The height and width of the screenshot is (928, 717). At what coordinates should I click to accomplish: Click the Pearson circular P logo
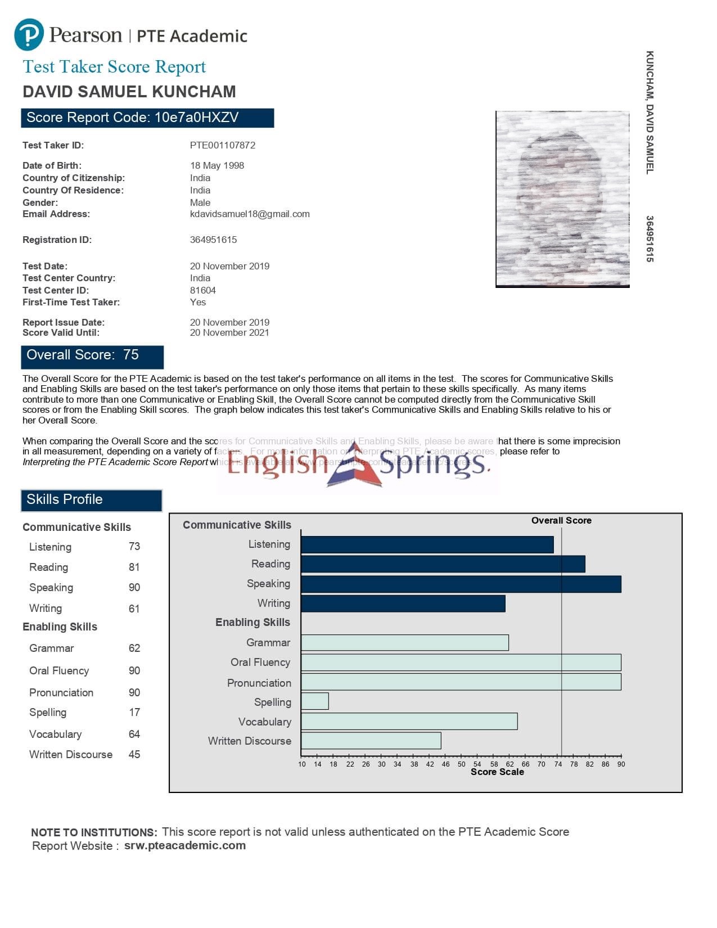click(29, 34)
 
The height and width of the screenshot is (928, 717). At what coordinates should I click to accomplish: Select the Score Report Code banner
click(147, 118)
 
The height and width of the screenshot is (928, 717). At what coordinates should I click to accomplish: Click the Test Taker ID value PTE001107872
click(222, 145)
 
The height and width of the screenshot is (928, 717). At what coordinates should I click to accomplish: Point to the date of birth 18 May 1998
click(217, 165)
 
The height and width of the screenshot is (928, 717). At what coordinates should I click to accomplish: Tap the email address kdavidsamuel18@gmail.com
click(250, 214)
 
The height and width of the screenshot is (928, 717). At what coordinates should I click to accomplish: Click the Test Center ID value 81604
click(203, 290)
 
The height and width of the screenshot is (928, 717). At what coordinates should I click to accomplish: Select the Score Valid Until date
click(229, 333)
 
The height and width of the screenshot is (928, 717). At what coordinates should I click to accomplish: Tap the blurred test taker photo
click(562, 199)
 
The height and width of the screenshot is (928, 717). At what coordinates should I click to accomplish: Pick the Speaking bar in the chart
click(461, 584)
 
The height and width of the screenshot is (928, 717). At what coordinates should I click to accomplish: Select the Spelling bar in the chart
click(315, 701)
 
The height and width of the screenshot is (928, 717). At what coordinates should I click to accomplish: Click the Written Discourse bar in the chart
click(371, 741)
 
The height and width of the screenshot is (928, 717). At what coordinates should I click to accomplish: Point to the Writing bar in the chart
click(403, 603)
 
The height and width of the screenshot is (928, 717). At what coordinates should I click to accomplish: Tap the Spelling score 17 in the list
click(134, 713)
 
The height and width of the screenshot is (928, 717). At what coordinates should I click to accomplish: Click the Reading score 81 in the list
click(134, 567)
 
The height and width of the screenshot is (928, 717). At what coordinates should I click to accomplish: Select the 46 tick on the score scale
click(445, 764)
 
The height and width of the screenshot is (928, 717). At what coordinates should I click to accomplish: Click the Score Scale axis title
click(497, 772)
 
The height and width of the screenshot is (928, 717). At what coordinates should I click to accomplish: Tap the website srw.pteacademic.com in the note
click(185, 845)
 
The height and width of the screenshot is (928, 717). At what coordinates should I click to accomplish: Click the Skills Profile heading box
click(92, 500)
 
